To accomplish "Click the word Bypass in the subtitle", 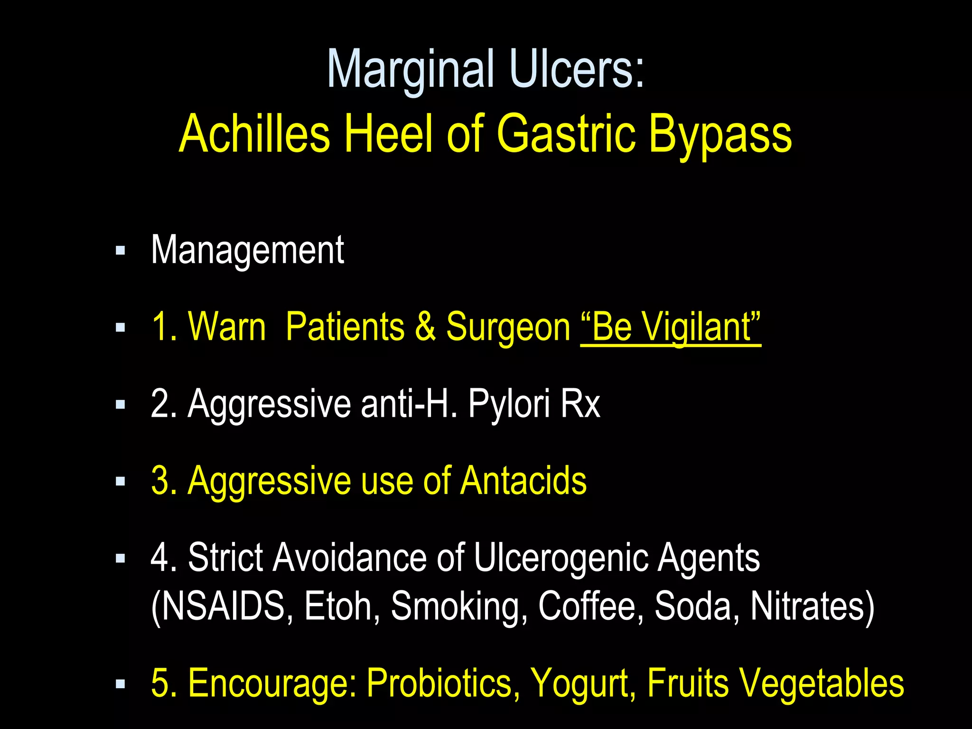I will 720,135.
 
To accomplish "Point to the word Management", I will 247,250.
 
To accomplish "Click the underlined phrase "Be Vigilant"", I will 671,327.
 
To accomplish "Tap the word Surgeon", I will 508,327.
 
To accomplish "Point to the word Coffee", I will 587,606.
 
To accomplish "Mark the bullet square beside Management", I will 121,251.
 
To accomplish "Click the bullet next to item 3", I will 121,482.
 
